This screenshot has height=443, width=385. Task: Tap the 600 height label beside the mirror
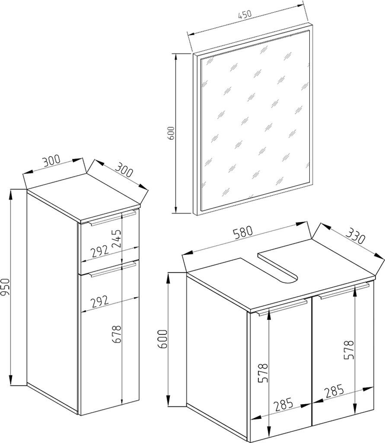click(x=171, y=133)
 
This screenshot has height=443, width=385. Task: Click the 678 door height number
click(x=116, y=334)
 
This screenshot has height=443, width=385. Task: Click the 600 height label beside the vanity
click(x=163, y=339)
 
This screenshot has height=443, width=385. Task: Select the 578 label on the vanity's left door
click(x=263, y=373)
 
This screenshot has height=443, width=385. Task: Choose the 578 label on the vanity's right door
click(x=349, y=350)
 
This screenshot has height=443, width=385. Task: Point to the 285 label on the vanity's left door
click(x=284, y=405)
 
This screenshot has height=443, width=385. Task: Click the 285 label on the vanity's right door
click(x=334, y=391)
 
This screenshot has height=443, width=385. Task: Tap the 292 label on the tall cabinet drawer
click(x=100, y=251)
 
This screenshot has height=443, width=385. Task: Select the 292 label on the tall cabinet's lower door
click(x=100, y=302)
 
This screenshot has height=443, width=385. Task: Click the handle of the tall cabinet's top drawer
click(x=112, y=218)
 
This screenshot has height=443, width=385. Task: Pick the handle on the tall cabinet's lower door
click(x=113, y=269)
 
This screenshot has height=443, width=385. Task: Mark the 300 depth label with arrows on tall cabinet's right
click(x=124, y=169)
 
